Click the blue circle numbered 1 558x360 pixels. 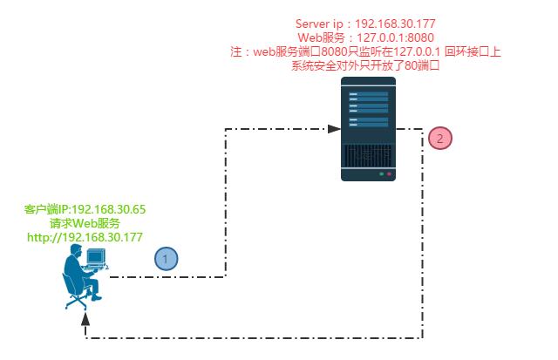[167, 258]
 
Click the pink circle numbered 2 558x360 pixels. [440, 138]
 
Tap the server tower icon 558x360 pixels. [367, 129]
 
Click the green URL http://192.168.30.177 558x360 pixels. [85, 237]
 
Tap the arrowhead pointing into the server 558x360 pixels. [334, 129]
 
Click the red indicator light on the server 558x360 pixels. [389, 174]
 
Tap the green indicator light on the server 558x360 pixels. [380, 174]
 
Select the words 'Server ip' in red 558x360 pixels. [319, 24]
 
